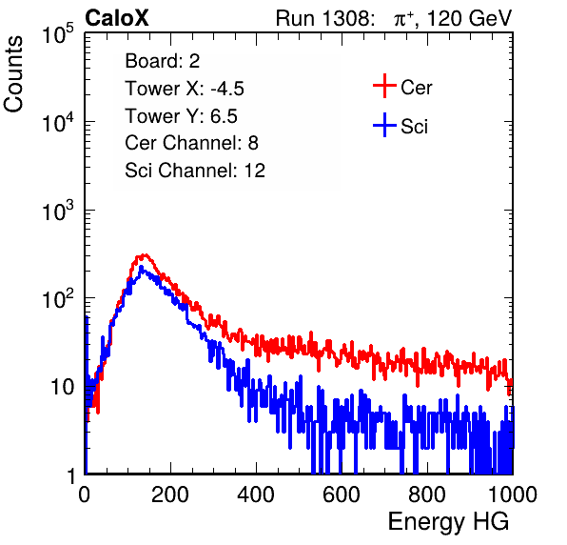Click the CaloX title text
[117, 18]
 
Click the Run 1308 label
[324, 18]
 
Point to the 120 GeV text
[470, 18]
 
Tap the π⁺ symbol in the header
[403, 18]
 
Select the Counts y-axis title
[13, 74]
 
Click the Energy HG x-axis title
[448, 522]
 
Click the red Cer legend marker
[384, 86]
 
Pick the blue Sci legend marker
[384, 125]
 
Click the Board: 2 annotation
[163, 61]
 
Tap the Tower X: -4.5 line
[185, 89]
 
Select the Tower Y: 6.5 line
[181, 116]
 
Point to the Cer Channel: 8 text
[191, 143]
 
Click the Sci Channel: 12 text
[195, 171]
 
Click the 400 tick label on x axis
[256, 495]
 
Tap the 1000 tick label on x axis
[513, 495]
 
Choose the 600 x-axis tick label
[342, 495]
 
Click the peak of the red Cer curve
[145, 255]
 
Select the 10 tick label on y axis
[62, 388]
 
